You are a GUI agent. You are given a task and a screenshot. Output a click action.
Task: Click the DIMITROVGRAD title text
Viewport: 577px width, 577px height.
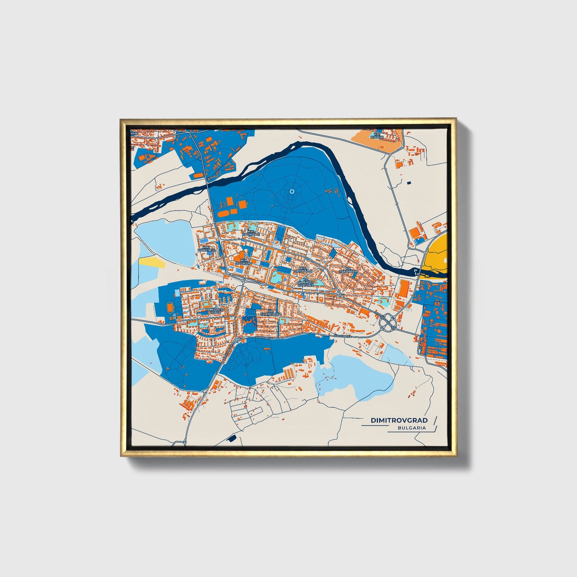[399, 420]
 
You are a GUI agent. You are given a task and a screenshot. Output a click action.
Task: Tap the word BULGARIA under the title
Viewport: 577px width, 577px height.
[411, 428]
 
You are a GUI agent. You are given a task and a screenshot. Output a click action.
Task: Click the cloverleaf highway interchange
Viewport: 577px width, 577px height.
[389, 321]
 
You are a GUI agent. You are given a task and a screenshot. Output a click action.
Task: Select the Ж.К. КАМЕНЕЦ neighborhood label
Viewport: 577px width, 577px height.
[206, 248]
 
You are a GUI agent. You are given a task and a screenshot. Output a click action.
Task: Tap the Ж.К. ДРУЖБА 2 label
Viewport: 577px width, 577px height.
[250, 233]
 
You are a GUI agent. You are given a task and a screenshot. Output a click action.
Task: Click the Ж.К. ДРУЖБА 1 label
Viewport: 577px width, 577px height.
[243, 262]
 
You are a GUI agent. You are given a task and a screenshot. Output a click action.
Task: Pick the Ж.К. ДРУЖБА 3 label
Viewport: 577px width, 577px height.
[303, 270]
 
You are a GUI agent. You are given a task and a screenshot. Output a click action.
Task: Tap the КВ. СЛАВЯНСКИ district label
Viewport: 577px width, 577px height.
[271, 312]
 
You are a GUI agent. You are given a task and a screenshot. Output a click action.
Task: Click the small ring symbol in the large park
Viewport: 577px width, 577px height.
[292, 192]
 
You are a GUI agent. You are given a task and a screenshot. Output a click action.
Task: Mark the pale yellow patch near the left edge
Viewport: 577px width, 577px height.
[152, 262]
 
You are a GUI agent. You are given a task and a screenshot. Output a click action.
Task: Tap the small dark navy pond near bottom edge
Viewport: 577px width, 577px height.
[231, 438]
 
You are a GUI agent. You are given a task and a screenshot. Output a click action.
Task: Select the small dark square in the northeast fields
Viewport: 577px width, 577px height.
[408, 182]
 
